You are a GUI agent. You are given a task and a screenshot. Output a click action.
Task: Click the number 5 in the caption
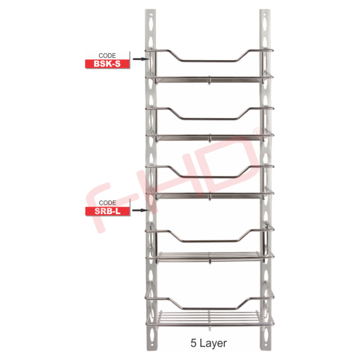pyautogui.click(x=193, y=343)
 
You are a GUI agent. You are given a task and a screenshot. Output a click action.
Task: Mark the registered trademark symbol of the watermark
pyautogui.click(x=257, y=131)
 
